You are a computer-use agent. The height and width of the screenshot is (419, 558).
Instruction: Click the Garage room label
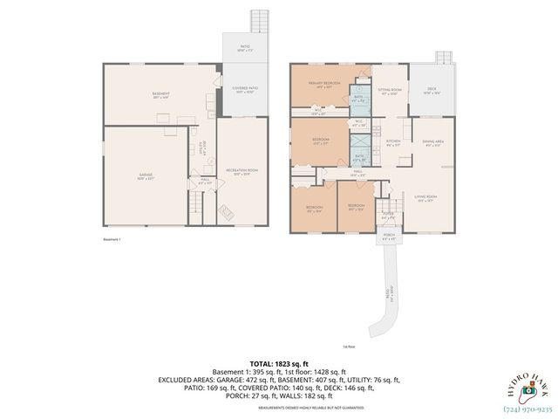tap(145, 175)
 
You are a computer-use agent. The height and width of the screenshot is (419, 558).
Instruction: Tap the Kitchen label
tap(393, 141)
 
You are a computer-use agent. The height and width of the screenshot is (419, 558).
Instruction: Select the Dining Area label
tap(433, 144)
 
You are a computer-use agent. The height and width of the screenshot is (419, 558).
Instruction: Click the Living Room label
tap(425, 197)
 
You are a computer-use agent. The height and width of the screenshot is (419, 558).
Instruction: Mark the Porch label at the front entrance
tap(387, 237)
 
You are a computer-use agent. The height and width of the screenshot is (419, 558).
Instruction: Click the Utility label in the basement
tap(201, 148)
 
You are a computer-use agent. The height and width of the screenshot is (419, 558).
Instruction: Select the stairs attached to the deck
tap(444, 58)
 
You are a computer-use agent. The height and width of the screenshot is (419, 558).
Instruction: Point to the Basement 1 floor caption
tap(112, 238)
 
